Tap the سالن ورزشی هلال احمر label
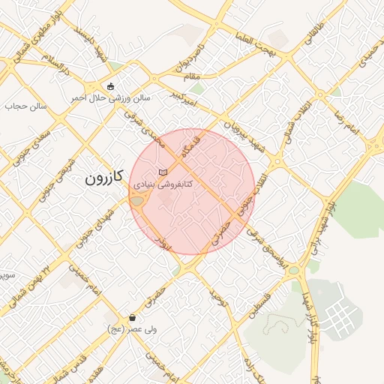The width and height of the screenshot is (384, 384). pyautogui.click(x=111, y=98)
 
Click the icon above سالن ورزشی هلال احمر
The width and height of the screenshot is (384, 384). pyautogui.click(x=111, y=85)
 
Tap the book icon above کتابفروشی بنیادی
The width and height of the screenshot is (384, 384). pyautogui.click(x=163, y=172)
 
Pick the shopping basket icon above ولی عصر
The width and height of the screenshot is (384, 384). pyautogui.click(x=133, y=317)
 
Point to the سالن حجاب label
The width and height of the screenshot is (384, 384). pyautogui.click(x=26, y=106)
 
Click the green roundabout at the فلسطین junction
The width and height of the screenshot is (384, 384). pyautogui.click(x=295, y=269)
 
